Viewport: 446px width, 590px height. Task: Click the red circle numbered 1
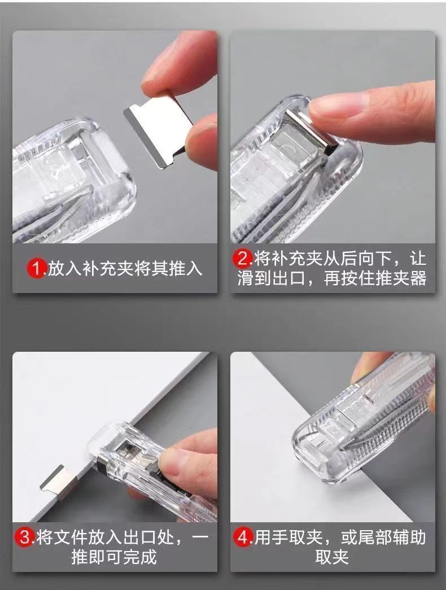click(37, 268)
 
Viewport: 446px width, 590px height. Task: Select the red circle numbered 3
click(25, 537)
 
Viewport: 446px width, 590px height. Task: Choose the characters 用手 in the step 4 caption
click(272, 537)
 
